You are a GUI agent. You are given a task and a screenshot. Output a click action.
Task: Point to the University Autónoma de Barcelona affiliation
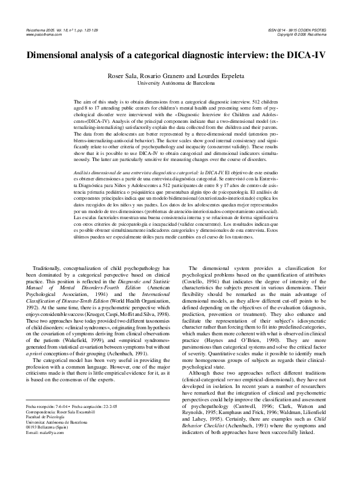coord(180,82)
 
